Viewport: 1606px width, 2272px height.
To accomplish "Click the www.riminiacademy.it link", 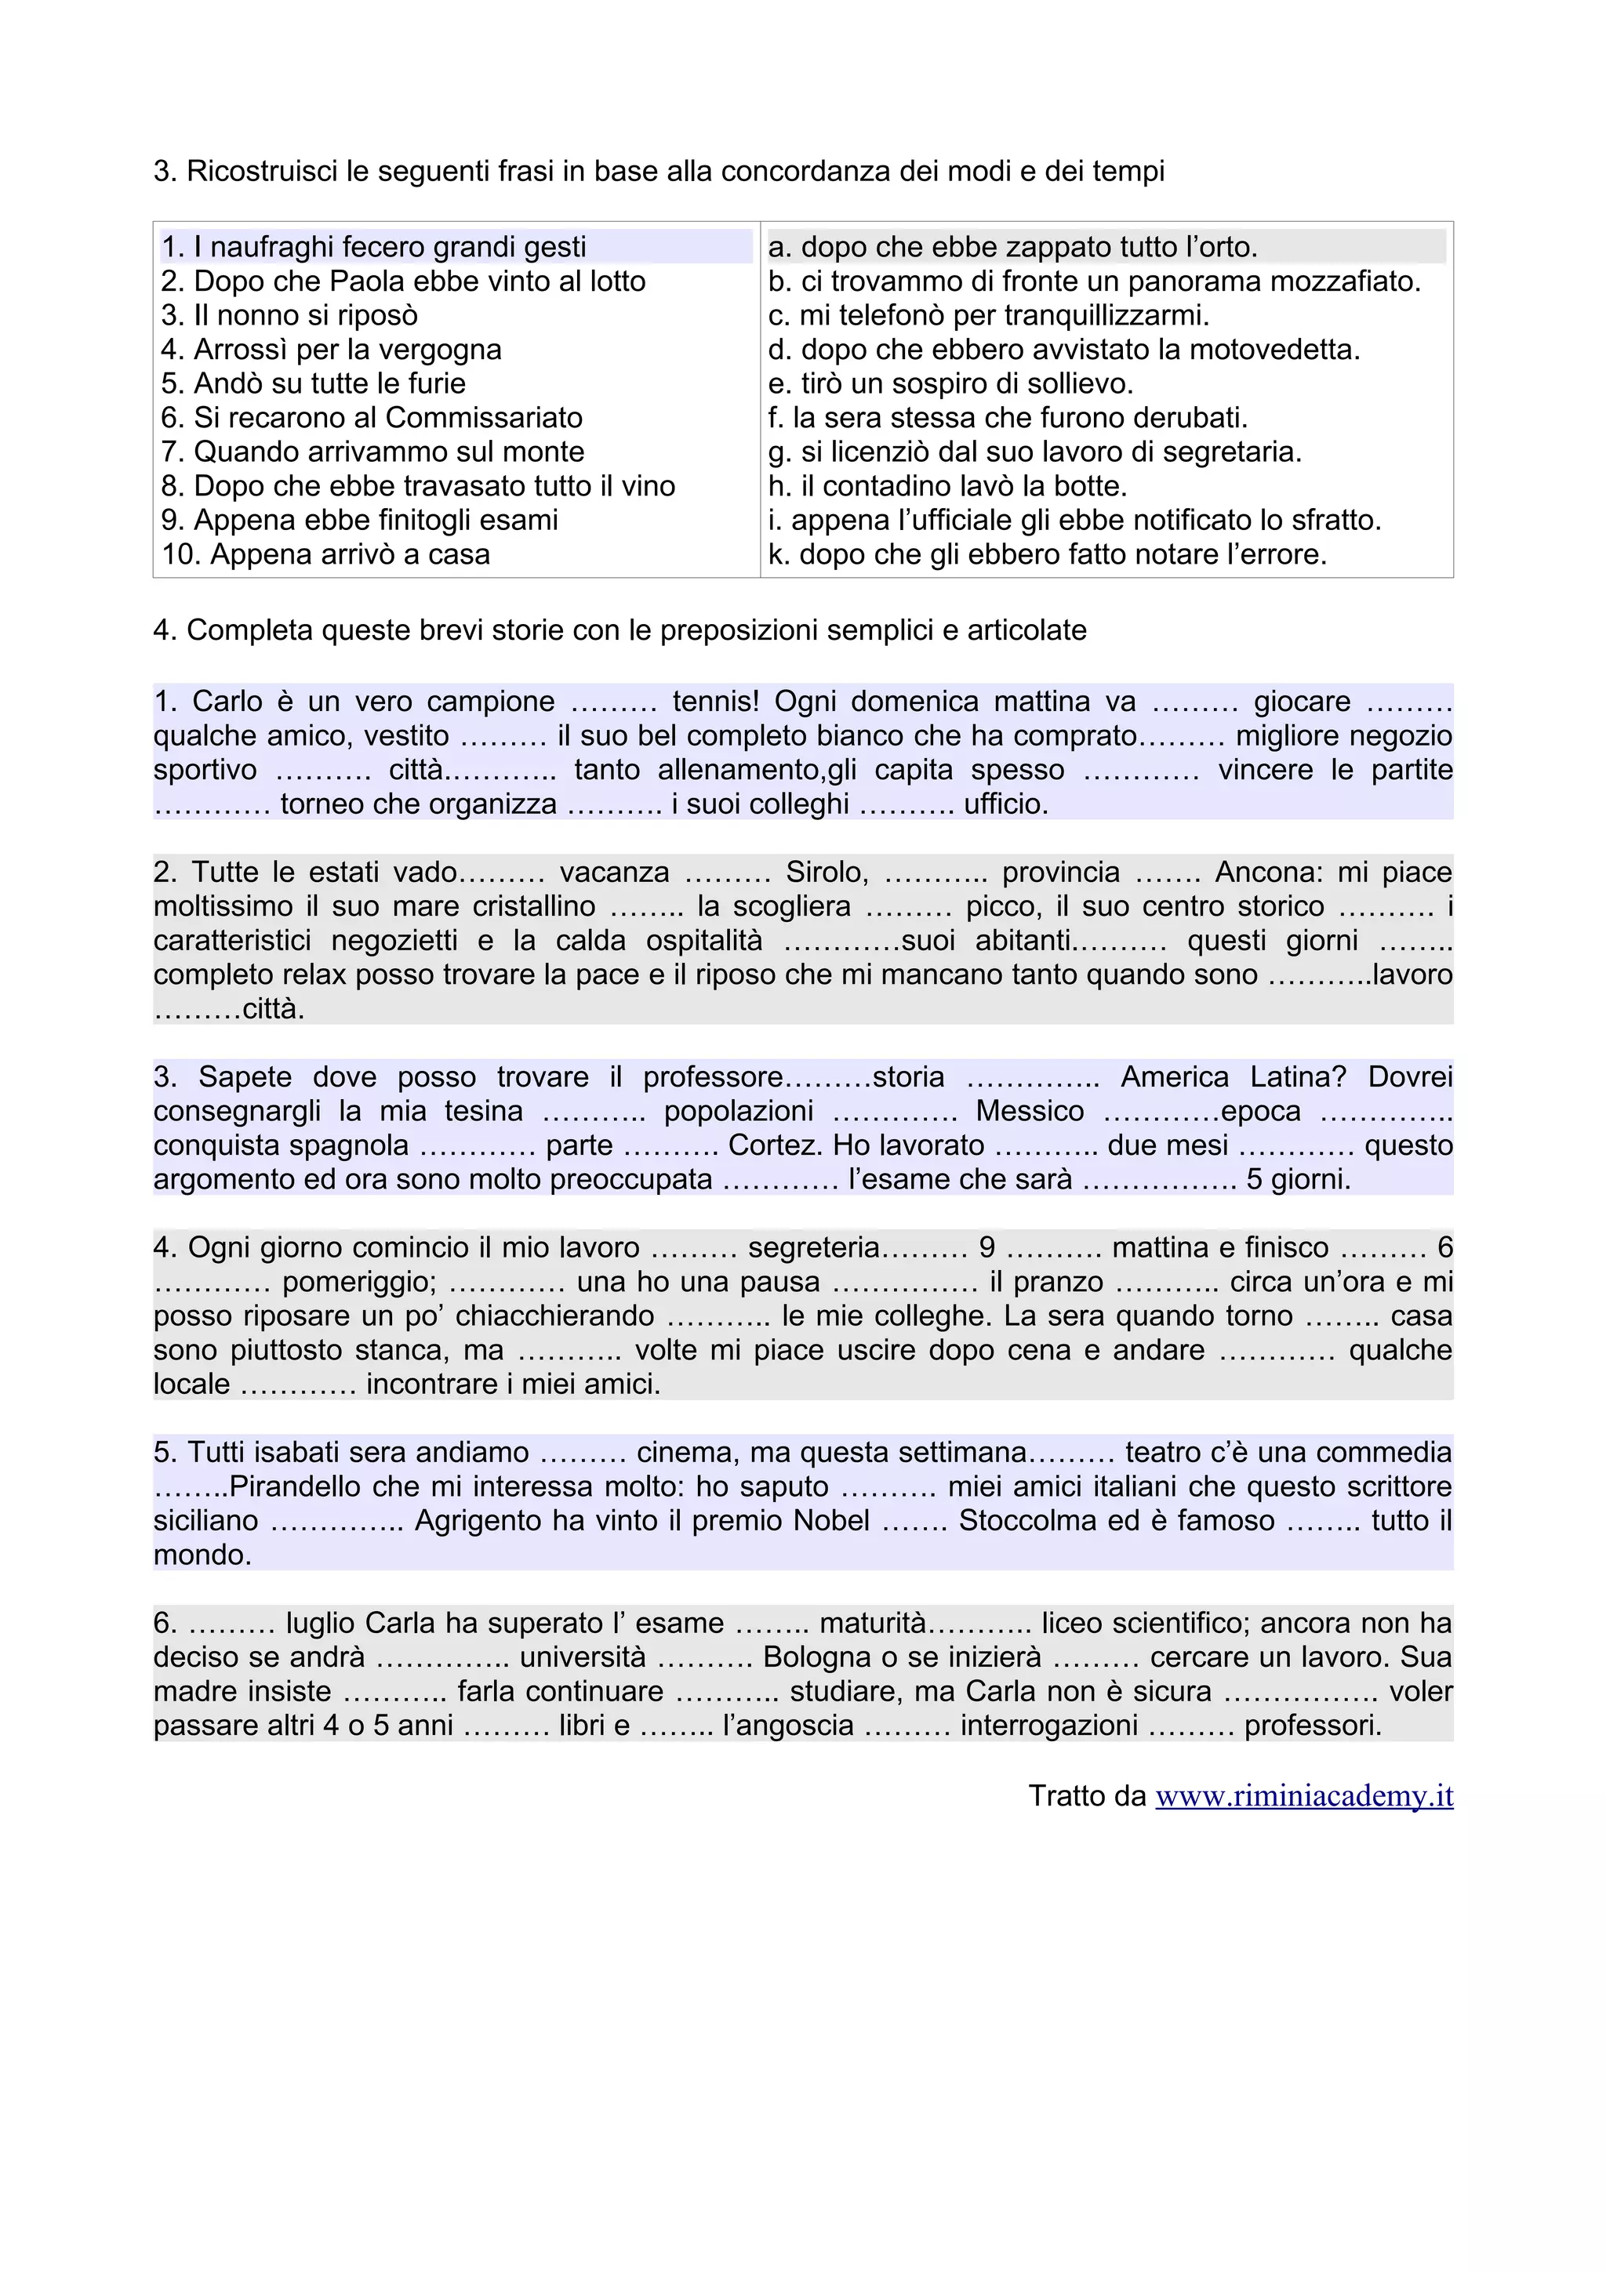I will click(1303, 1796).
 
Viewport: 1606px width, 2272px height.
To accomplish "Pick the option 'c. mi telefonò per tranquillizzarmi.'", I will click(989, 314).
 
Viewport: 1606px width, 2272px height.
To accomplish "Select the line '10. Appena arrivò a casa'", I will click(325, 554).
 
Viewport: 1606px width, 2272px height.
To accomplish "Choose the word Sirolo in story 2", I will click(827, 872).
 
